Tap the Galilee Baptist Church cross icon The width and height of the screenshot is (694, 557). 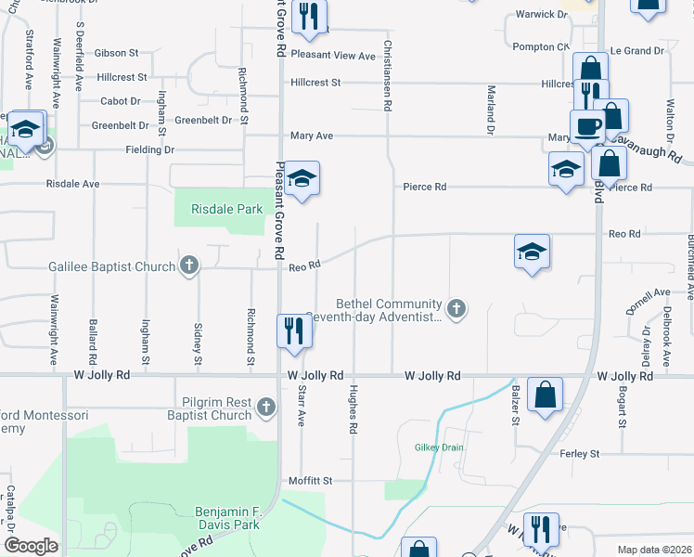188,266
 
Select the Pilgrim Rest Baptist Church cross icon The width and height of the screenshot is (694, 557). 266,407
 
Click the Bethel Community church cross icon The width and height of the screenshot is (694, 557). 456,307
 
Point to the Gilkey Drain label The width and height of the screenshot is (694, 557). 438,447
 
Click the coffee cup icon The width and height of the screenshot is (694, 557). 586,126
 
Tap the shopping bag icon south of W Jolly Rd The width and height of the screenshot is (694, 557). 545,394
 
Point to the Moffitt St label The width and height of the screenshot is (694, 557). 310,481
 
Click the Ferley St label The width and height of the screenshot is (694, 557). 580,454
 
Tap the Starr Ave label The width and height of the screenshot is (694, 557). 301,407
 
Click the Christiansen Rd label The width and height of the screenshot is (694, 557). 387,76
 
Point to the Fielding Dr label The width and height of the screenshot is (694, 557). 150,149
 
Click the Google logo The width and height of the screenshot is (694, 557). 31,546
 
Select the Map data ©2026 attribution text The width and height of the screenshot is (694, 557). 654,550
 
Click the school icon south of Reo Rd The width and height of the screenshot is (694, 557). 532,252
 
